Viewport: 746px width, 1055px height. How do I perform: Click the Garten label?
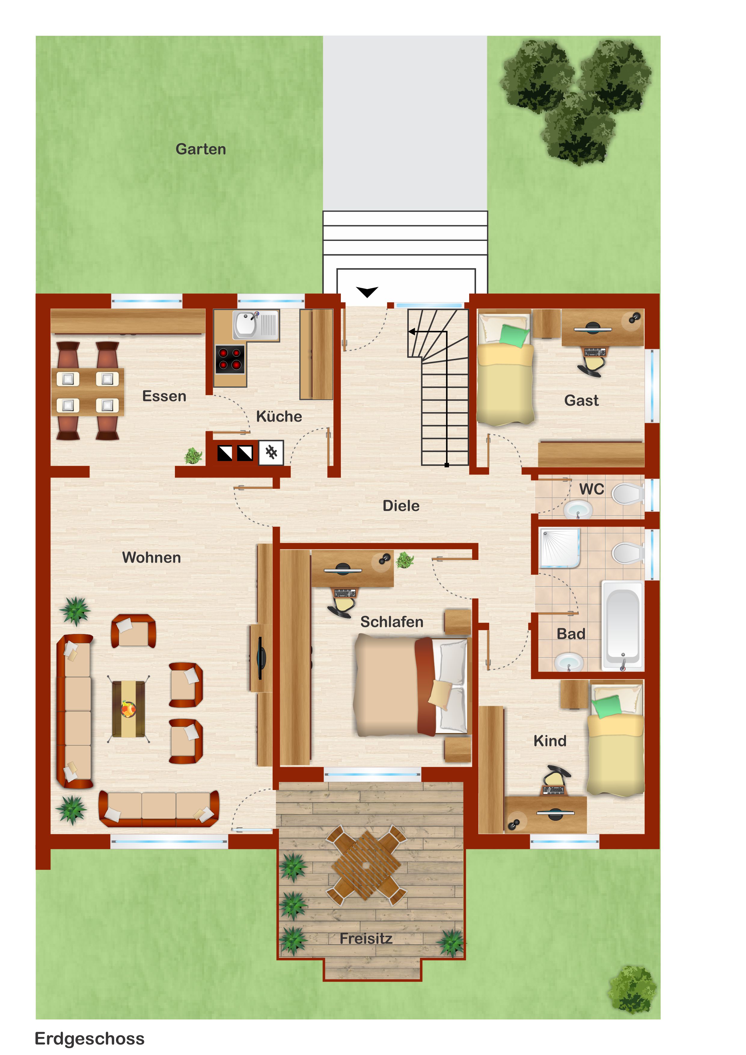[201, 149]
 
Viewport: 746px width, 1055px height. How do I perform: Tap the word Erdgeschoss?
[90, 1038]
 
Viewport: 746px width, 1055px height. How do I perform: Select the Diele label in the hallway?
[401, 506]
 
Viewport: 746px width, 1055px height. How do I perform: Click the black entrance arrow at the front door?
[367, 292]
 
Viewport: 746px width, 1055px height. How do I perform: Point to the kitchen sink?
[255, 325]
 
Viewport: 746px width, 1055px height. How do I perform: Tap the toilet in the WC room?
[628, 494]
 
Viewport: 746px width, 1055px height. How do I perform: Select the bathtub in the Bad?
[623, 626]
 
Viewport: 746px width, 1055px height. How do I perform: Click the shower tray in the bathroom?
[561, 548]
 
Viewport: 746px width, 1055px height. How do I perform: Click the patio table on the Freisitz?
[366, 865]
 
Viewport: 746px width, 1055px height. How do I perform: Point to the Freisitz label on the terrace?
[366, 939]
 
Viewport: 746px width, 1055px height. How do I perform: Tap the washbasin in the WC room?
[578, 509]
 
